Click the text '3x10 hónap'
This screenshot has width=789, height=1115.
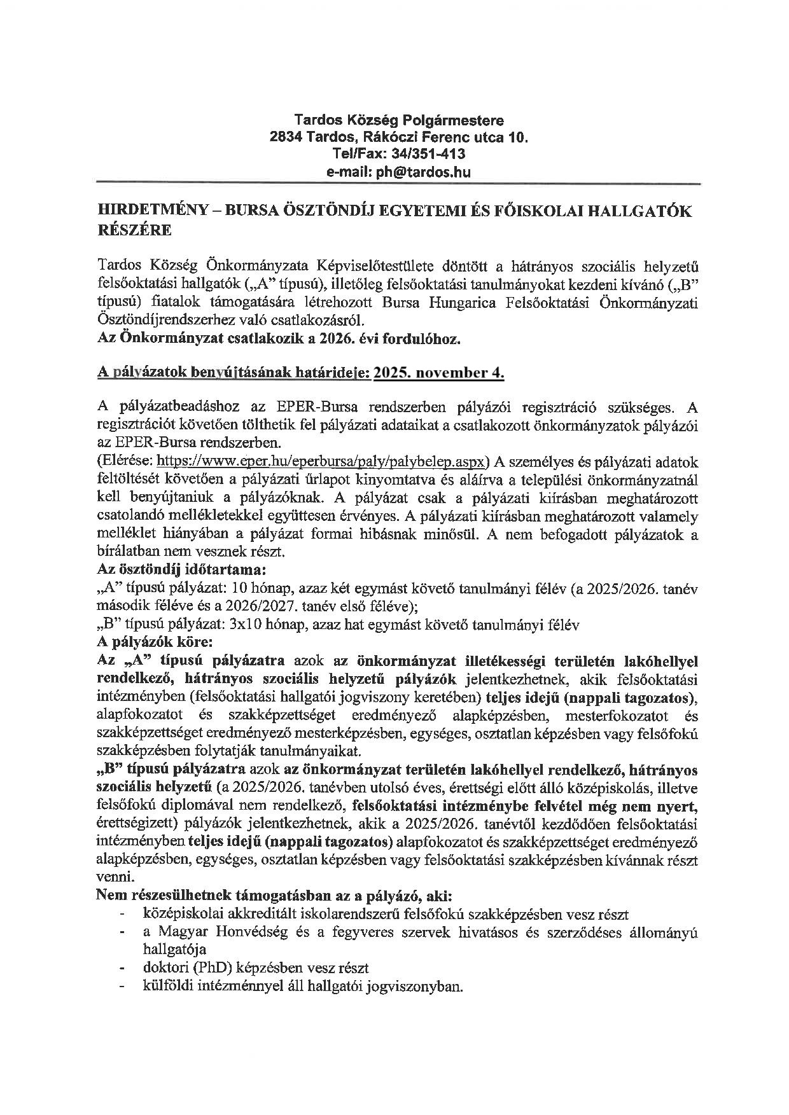click(258, 625)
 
